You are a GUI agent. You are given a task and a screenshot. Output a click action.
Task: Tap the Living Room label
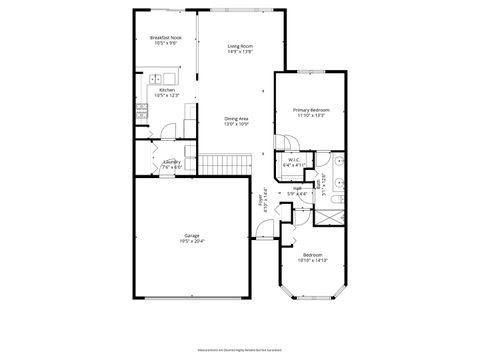click(239, 46)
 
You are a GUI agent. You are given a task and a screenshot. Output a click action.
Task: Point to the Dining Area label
click(236, 119)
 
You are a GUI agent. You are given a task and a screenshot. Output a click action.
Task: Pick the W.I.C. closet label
click(294, 159)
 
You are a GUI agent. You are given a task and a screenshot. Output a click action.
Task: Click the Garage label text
click(191, 236)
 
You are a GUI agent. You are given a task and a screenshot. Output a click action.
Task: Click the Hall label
click(297, 187)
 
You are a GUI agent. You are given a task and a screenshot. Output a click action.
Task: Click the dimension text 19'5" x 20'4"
click(191, 242)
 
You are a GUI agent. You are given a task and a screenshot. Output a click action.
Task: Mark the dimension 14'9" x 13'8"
click(239, 52)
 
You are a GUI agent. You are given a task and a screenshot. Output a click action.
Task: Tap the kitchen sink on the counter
click(157, 79)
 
